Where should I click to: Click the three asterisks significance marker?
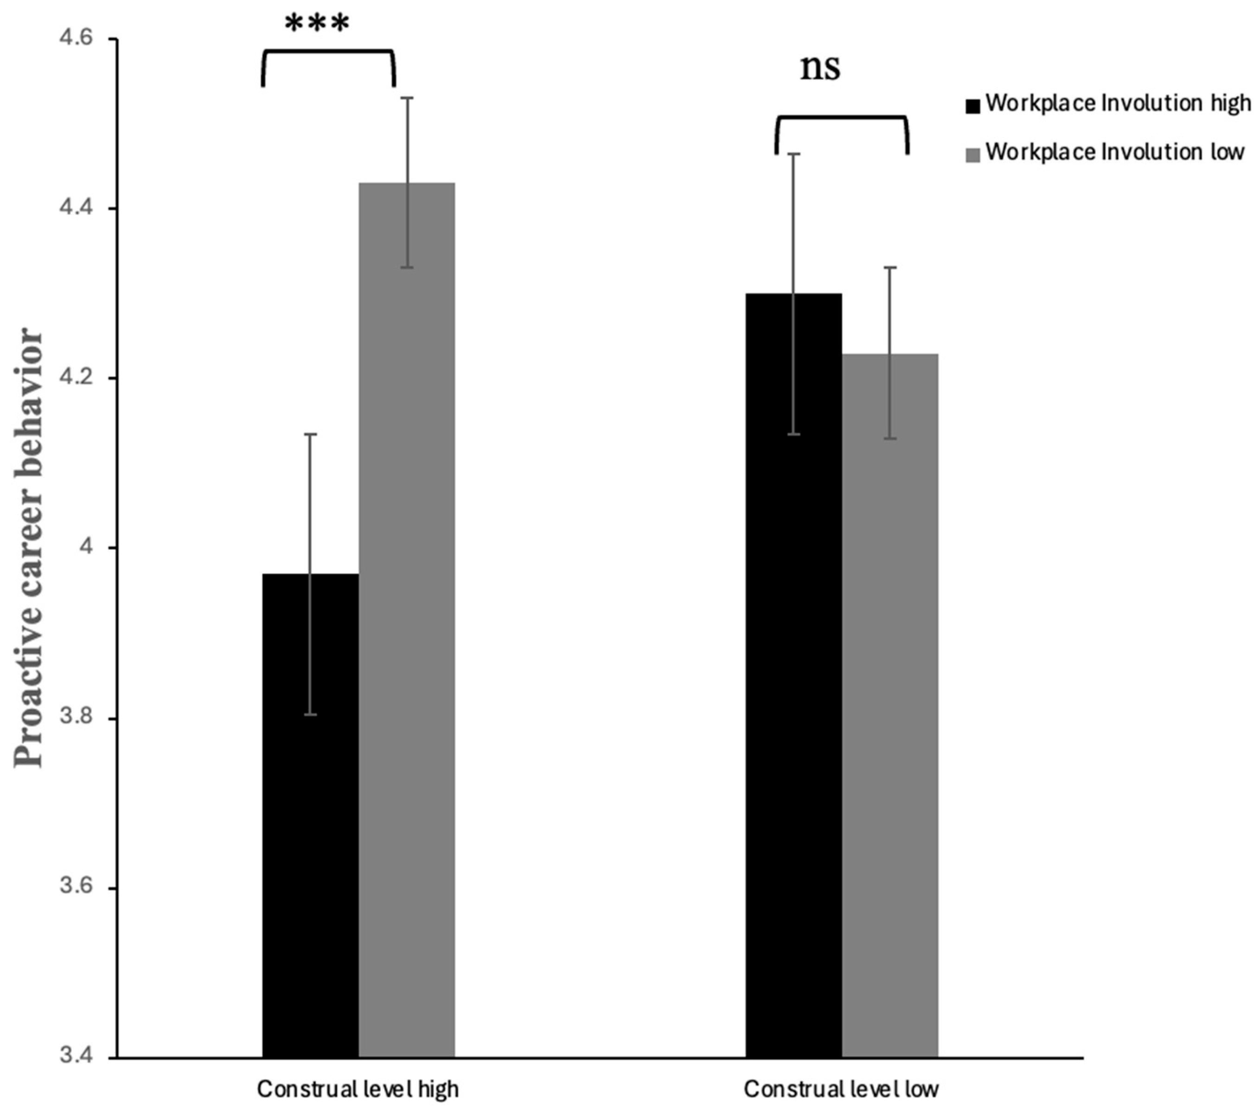point(317,25)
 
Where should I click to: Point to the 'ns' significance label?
point(820,68)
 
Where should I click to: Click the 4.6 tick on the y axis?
point(75,39)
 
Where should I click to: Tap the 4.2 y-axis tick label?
point(75,378)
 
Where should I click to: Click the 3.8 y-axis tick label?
point(75,718)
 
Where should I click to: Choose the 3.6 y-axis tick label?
point(75,888)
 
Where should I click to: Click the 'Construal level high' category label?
point(358,1089)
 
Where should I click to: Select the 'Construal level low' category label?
point(841,1089)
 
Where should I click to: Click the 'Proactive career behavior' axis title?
point(30,548)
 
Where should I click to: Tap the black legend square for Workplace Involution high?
point(972,107)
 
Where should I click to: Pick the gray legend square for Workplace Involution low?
point(972,155)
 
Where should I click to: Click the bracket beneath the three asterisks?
point(328,51)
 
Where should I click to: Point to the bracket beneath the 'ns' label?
point(841,117)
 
